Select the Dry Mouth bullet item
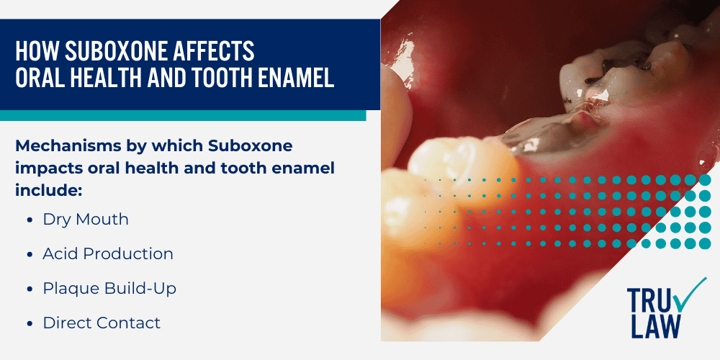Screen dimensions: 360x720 [x=86, y=220]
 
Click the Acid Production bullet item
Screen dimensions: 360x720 [x=108, y=254]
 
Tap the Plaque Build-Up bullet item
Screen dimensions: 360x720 [x=109, y=289]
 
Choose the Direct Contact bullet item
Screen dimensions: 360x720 [x=102, y=323]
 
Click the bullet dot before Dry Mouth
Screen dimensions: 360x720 [x=29, y=220]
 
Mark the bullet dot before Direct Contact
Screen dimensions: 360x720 [x=29, y=324]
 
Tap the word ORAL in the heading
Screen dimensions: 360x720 [x=42, y=77]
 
